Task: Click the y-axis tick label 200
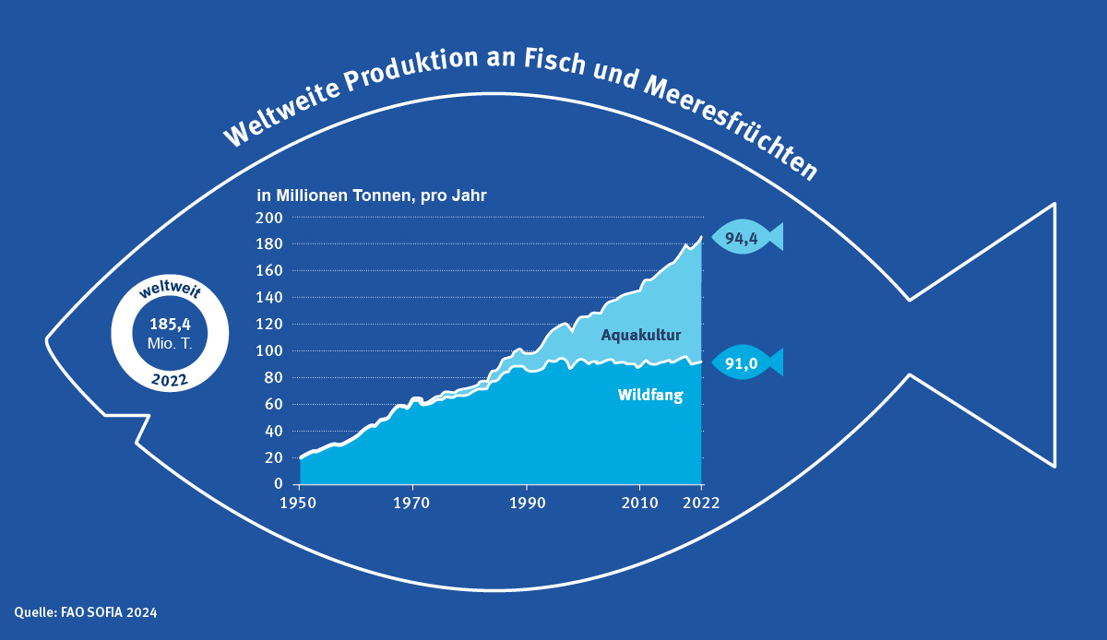[269, 218]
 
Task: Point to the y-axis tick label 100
[269, 351]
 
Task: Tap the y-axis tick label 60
[273, 405]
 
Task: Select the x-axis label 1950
[300, 503]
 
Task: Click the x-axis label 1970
[412, 503]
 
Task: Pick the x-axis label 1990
[526, 503]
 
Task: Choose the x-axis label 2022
[702, 503]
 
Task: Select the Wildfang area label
[649, 397]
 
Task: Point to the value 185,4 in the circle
[168, 324]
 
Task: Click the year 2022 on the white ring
[168, 380]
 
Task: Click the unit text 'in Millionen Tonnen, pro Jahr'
[371, 196]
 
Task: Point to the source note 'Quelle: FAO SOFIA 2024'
[78, 611]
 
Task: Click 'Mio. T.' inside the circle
[168, 343]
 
